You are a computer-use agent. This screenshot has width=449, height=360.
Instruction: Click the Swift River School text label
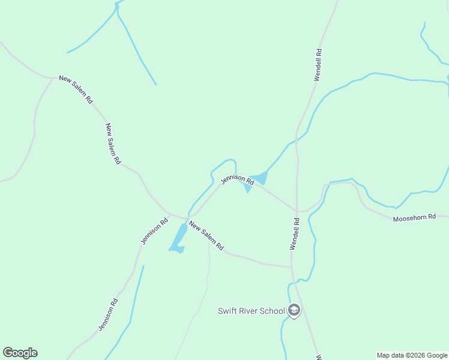251,311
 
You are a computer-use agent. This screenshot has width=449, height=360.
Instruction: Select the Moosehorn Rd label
414,218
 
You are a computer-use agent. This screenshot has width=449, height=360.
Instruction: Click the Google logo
20,353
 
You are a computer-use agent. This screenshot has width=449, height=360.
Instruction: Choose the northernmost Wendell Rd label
319,65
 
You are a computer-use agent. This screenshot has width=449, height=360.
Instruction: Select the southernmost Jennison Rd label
107,314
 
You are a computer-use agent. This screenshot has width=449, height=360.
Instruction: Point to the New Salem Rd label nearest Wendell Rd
206,236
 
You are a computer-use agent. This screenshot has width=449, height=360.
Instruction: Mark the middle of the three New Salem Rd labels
113,144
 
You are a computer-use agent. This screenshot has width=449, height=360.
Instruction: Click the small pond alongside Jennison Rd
259,178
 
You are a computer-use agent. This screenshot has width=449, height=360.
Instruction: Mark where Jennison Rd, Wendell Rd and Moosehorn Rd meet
297,211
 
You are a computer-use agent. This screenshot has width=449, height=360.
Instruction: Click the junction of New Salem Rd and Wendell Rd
292,266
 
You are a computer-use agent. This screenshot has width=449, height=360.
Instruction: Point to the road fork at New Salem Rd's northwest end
52,77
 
